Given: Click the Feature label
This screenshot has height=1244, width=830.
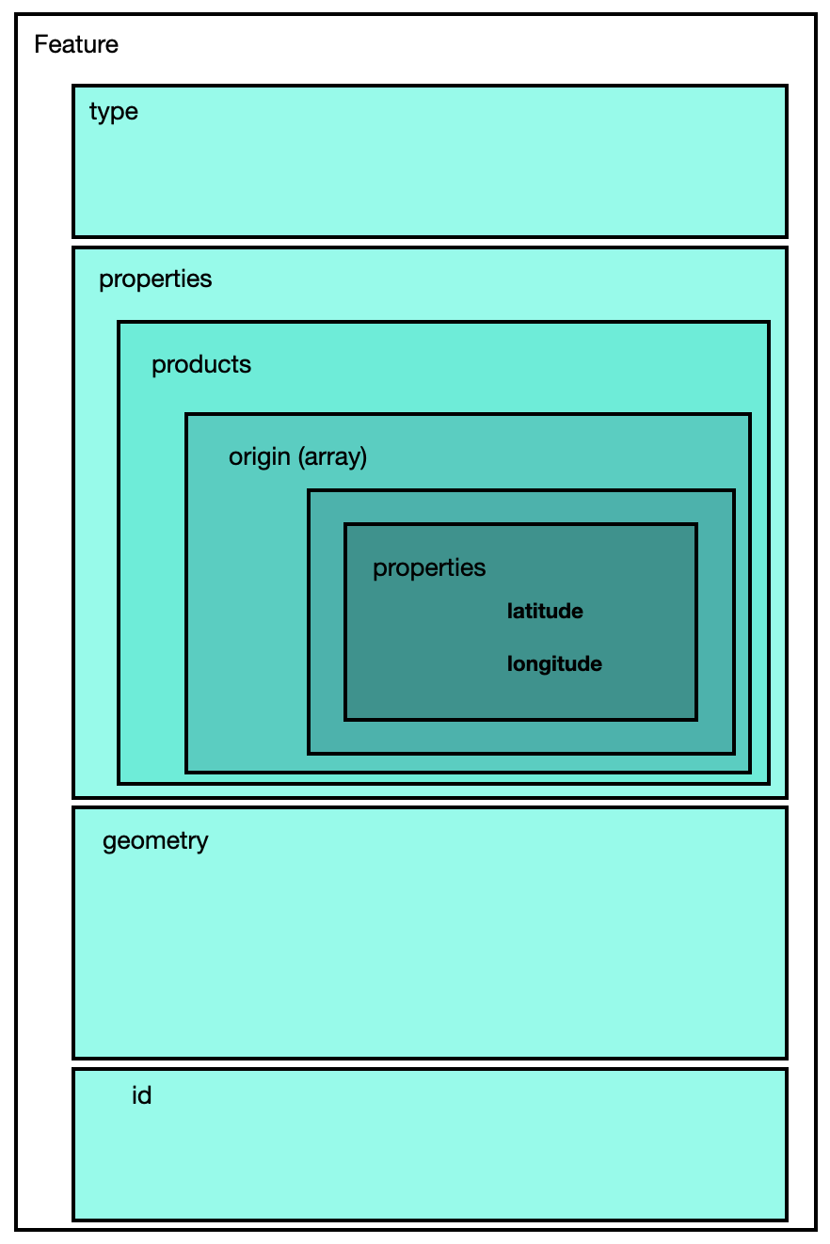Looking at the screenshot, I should coord(76,44).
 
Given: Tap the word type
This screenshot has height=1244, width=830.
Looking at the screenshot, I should coord(113,112).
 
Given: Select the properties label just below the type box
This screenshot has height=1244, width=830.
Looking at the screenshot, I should coord(155,279).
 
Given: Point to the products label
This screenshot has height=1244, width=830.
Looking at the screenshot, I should coord(201,365).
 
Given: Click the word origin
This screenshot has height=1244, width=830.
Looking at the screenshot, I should coord(259,457).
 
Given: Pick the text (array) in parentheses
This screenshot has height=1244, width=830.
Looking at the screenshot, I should coord(331,457).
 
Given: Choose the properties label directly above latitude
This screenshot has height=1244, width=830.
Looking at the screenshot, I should coord(429,568).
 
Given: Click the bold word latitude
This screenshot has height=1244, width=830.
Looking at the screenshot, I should coord(545,612).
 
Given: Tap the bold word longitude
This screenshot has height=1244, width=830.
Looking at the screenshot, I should coord(554,664).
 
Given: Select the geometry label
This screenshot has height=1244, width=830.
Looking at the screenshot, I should coord(155,840).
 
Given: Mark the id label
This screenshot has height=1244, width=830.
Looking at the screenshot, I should coord(141,1096).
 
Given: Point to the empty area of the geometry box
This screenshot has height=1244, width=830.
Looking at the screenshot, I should coord(429,950).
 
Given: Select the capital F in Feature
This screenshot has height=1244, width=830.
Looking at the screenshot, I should coord(40,44).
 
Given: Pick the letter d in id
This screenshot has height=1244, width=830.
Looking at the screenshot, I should coord(145,1096).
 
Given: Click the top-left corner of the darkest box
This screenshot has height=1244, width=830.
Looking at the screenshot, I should coord(345,524).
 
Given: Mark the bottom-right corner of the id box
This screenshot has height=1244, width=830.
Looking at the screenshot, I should coord(786,1219).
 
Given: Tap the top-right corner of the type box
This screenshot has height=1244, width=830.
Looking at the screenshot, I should coord(786,87).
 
